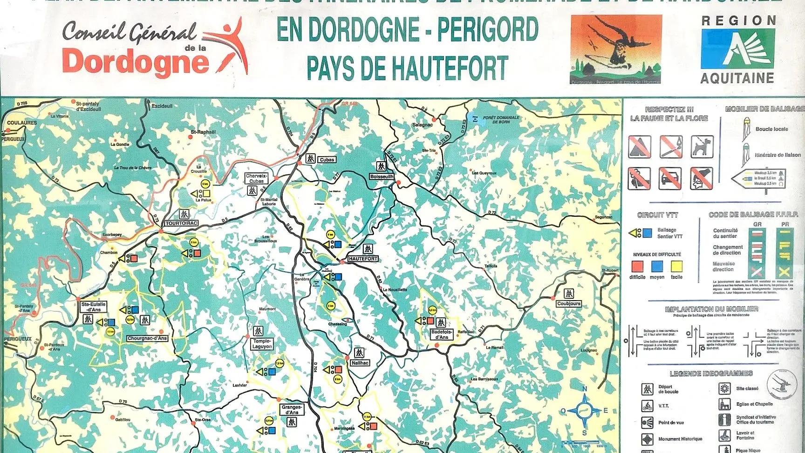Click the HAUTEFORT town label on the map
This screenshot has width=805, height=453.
[363, 259]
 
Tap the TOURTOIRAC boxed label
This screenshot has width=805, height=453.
[182, 223]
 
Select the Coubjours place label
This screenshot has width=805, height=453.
[568, 303]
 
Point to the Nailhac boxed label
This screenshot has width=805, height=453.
[360, 363]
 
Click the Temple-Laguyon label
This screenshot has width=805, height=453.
[262, 344]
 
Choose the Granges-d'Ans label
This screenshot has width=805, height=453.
[292, 410]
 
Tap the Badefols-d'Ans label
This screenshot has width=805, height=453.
[442, 334]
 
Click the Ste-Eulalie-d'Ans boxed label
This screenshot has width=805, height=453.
[94, 307]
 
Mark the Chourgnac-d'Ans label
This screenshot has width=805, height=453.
[147, 338]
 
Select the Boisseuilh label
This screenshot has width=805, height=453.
[382, 177]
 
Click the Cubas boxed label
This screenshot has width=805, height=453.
[327, 159]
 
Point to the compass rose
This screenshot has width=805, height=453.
[584, 411]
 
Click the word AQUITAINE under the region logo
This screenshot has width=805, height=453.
[737, 78]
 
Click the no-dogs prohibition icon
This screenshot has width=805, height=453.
[702, 146]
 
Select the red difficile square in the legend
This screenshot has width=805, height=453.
[637, 266]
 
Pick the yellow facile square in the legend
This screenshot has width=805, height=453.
[676, 266]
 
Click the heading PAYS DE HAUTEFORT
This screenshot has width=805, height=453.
[407, 69]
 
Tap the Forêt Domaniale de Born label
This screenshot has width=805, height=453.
[500, 119]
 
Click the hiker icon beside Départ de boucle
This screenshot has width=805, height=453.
[648, 389]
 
